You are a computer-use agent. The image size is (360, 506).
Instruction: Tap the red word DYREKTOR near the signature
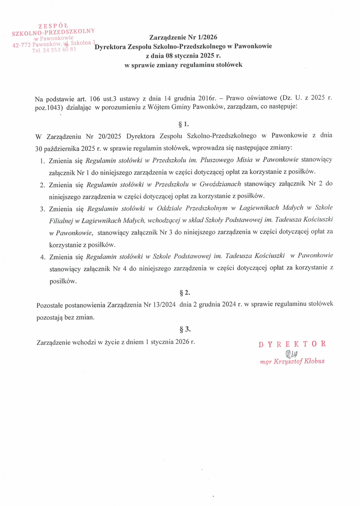[x=292, y=344]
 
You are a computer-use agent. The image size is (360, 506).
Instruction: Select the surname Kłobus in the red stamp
[x=314, y=361]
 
